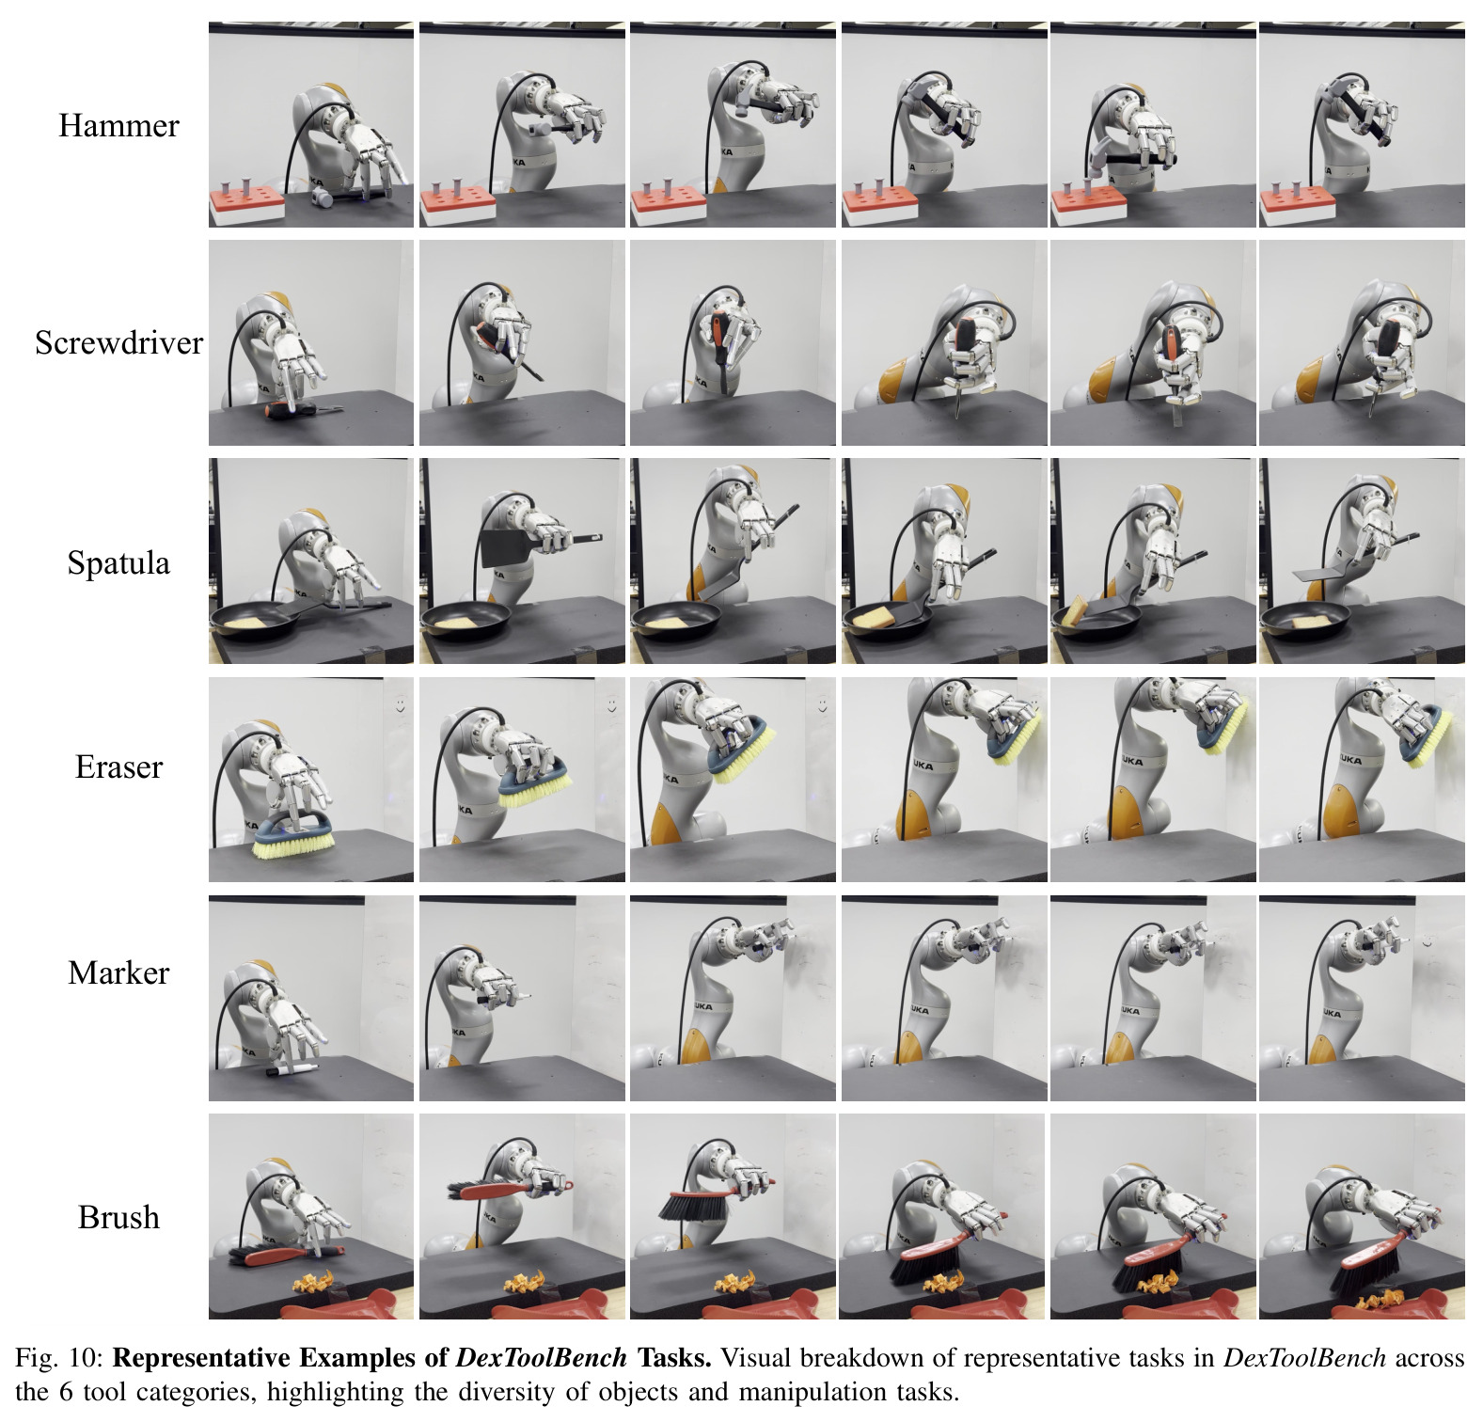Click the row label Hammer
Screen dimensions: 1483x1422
click(118, 126)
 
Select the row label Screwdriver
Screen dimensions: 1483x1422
click(118, 343)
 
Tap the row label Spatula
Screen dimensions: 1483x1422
click(118, 563)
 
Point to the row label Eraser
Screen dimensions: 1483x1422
click(118, 767)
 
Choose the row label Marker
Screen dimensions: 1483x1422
click(118, 972)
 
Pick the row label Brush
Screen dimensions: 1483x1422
click(118, 1217)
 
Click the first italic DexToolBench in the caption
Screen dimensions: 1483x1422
click(541, 1358)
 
